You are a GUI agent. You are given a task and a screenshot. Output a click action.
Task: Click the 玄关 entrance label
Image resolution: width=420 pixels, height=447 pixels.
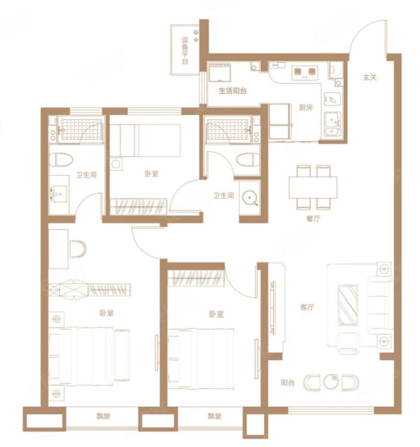pos(370,77)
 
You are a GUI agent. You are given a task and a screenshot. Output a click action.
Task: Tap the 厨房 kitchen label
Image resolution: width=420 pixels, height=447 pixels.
pos(306,107)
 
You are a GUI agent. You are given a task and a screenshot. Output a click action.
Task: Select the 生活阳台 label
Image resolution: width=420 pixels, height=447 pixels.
pos(232,91)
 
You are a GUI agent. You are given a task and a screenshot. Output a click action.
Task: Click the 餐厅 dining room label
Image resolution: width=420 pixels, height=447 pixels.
pos(313,218)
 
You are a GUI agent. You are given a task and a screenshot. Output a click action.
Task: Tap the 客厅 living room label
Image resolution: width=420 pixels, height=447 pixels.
pos(307,307)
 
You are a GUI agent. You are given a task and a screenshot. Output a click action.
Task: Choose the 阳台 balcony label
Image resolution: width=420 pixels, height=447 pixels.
pos(288,383)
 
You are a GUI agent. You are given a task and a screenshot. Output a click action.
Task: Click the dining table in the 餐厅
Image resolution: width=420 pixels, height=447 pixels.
pos(313,188)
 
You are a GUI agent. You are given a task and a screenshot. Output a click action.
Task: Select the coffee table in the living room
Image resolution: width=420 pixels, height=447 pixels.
pos(348,305)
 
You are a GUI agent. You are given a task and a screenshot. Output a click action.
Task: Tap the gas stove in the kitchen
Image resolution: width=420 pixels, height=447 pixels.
pos(305,71)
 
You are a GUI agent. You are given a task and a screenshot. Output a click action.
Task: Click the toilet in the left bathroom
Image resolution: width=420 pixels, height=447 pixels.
pos(61,160)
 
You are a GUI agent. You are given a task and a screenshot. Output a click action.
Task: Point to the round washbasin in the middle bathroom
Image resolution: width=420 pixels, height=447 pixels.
pos(250,197)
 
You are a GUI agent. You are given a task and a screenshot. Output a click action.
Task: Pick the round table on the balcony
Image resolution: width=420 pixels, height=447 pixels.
pos(331,382)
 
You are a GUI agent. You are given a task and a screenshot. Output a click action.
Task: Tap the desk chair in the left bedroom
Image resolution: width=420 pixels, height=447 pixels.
pos(78,249)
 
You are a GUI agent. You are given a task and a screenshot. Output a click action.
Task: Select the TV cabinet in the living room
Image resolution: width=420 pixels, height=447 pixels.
pos(277,307)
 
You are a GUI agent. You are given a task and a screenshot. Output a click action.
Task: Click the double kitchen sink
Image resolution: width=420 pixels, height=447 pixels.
pos(332,124)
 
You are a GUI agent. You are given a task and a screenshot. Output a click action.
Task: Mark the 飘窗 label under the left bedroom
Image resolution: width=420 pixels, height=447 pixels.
pos(103,416)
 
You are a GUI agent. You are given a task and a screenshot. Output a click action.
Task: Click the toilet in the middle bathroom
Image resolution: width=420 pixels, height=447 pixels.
pos(248,160)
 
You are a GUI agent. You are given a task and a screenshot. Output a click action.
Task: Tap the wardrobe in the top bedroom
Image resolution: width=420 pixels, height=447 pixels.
pos(138,206)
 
